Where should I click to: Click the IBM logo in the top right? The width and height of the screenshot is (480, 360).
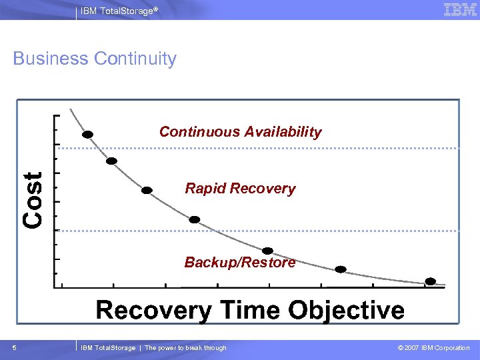(x=460, y=9)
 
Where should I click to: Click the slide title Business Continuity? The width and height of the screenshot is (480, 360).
(x=95, y=59)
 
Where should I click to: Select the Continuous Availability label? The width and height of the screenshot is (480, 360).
(x=240, y=132)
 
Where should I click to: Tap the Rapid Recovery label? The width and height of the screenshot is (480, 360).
(x=240, y=189)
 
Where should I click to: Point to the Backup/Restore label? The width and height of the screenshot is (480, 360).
(x=240, y=263)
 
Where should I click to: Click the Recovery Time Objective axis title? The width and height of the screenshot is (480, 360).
(x=250, y=311)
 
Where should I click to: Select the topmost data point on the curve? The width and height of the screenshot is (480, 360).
(x=87, y=134)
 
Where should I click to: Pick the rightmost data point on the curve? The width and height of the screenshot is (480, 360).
(x=431, y=281)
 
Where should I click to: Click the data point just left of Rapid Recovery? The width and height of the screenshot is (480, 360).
(x=147, y=190)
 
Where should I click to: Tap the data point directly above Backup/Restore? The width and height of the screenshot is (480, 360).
(x=267, y=251)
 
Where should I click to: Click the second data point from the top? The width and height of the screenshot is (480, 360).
(x=112, y=161)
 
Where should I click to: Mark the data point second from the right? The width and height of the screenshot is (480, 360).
(x=341, y=269)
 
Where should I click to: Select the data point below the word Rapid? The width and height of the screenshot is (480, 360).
(x=194, y=219)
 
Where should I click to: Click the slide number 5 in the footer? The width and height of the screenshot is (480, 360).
(x=15, y=348)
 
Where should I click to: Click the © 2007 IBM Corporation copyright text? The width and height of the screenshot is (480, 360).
(x=433, y=348)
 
